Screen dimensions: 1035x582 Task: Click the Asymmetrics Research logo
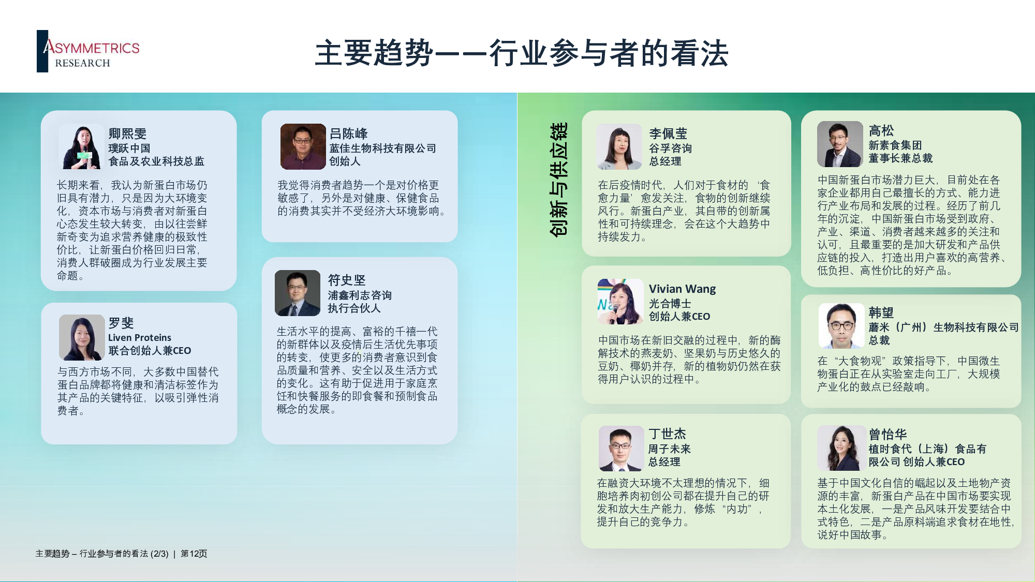coord(88,51)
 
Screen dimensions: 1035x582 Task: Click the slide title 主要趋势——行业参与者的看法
coord(522,53)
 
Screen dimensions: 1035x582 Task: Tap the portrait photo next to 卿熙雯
coord(82,146)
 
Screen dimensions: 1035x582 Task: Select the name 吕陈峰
coord(348,133)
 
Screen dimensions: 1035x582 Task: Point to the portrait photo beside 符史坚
coord(298,293)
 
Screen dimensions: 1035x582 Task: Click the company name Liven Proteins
coord(140,337)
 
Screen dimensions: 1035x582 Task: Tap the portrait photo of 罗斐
coord(82,337)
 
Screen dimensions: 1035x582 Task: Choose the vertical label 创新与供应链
coord(558,180)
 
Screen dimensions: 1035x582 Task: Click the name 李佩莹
coord(668,133)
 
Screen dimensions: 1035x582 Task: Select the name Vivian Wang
coord(682,289)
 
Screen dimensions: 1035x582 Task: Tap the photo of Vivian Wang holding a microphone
coord(620,302)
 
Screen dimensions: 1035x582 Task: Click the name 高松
coord(881,130)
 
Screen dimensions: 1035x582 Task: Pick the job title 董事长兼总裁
coord(900,158)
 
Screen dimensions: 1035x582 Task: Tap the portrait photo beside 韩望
coord(841,326)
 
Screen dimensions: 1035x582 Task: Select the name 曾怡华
coord(888,434)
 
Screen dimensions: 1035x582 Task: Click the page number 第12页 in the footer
coord(194,554)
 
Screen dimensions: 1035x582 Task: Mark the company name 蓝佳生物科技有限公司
coord(382,148)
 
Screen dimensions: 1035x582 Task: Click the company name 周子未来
coord(670,449)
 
